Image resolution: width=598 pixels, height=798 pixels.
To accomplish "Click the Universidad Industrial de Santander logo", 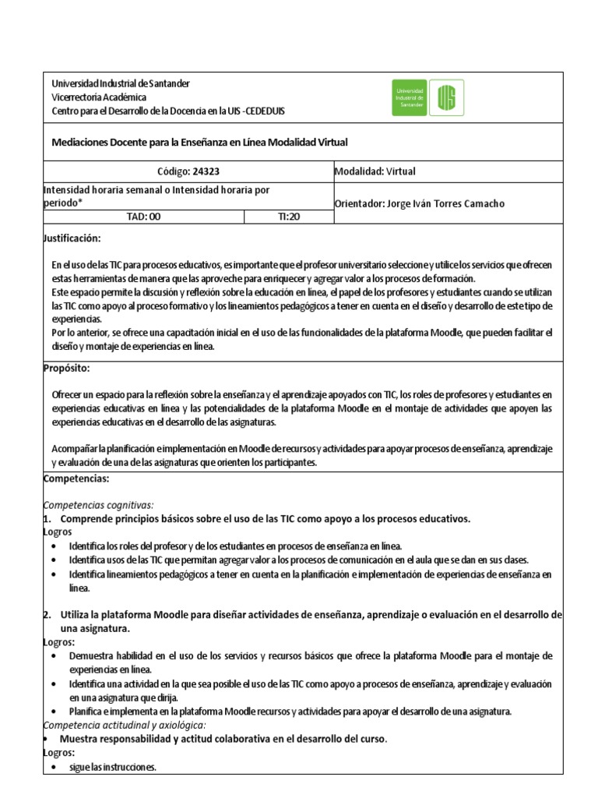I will coord(427,98).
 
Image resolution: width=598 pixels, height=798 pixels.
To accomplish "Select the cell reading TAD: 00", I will coord(143,217).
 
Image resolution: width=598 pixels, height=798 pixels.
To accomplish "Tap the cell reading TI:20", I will coord(288,217).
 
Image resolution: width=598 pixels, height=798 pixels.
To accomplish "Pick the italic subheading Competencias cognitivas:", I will coord(97,504).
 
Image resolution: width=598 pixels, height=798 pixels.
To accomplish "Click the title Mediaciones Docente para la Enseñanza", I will coord(199,143).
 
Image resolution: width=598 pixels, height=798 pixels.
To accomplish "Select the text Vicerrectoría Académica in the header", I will coord(98,97).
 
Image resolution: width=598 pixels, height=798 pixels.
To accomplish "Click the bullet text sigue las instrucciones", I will coord(113,767).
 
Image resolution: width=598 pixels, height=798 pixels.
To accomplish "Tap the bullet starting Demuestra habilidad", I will coord(311,655).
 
